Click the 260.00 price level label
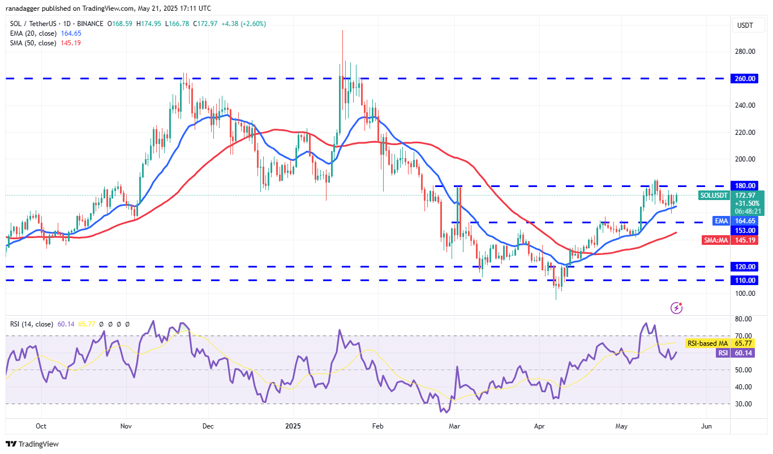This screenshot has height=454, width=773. pos(746,79)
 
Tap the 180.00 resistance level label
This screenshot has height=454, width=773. pos(746,186)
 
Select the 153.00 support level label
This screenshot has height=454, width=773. pos(746,231)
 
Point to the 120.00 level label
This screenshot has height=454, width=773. pos(746,266)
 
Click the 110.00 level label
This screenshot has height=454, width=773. pos(746,280)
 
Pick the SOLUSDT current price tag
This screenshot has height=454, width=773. pos(714,196)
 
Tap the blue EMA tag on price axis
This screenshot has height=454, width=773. pos(720,221)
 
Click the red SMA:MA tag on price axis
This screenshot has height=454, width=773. pos(716,240)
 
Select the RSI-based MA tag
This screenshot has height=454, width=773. pos(707,343)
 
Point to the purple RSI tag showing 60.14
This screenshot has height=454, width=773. pos(723,353)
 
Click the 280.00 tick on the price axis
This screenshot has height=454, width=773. pos(746,52)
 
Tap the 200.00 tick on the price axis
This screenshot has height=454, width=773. pos(746,159)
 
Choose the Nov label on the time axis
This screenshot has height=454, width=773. pos(126,426)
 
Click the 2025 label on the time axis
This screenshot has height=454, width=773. pos(293,426)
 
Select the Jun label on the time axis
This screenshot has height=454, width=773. pos(706,426)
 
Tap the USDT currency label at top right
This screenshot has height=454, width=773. pos(745,26)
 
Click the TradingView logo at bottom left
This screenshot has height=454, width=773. pos(32,444)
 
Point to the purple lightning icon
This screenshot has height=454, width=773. pos(676,308)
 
